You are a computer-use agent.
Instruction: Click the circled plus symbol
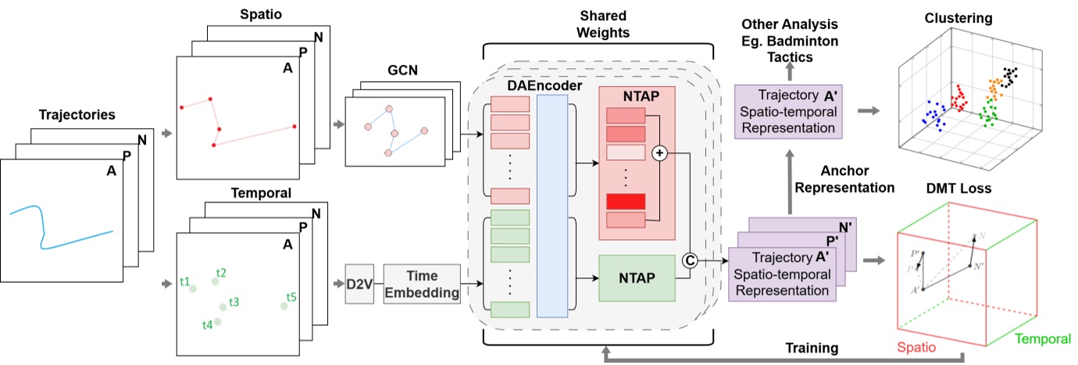[659, 155]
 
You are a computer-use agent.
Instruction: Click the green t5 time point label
[291, 297]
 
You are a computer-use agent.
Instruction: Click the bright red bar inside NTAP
[625, 202]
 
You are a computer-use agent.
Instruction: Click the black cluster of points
[1011, 76]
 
